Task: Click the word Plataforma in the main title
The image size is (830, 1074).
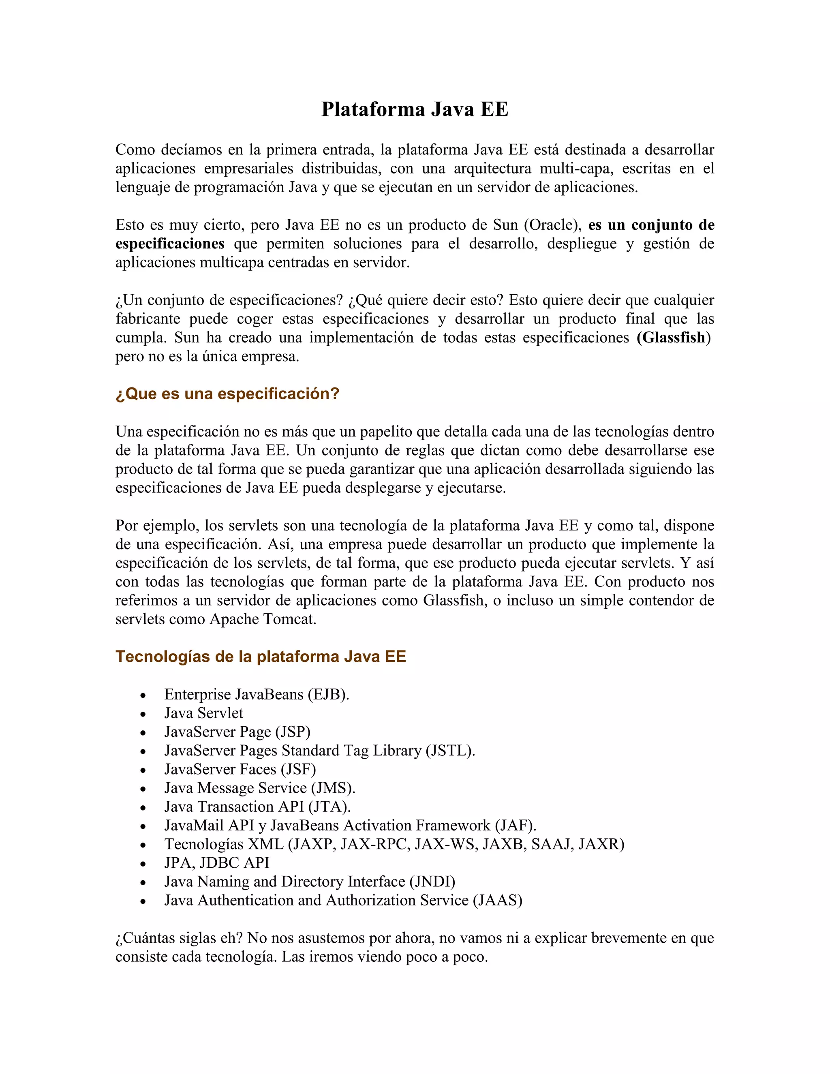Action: (373, 109)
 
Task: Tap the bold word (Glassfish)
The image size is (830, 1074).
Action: (673, 338)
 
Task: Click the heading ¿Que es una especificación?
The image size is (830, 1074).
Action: (227, 394)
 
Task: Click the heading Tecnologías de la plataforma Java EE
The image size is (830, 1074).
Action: (261, 657)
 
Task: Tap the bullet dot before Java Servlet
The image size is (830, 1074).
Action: (143, 715)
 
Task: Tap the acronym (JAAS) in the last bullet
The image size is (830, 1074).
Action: (497, 901)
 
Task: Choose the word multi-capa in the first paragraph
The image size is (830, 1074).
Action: (576, 169)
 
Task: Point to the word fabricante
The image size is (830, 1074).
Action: (148, 319)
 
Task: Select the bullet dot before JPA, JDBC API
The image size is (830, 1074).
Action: (143, 864)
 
